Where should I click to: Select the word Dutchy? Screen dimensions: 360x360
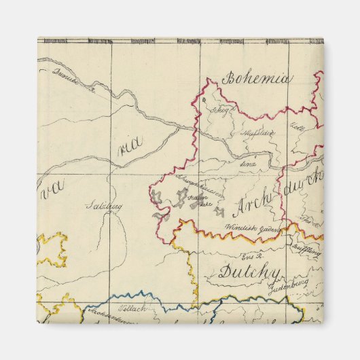249,273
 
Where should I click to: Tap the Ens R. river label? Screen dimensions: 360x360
252,256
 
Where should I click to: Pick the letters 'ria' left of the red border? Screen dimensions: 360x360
128,149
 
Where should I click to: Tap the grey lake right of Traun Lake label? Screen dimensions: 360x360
221,211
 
